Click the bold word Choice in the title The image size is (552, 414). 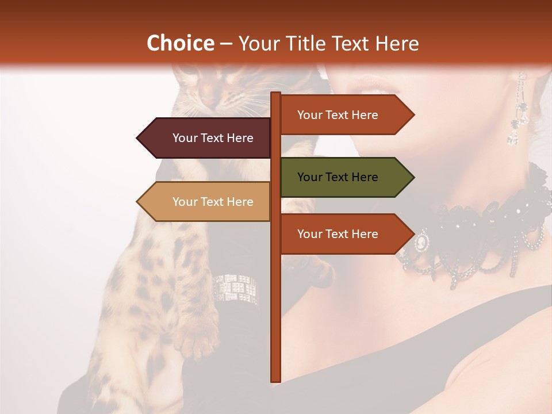(180, 44)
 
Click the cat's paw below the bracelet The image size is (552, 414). (198, 339)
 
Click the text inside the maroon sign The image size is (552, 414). (213, 138)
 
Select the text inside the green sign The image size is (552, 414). (338, 177)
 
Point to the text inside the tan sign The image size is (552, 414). (213, 202)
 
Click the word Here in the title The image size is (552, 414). (397, 44)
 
